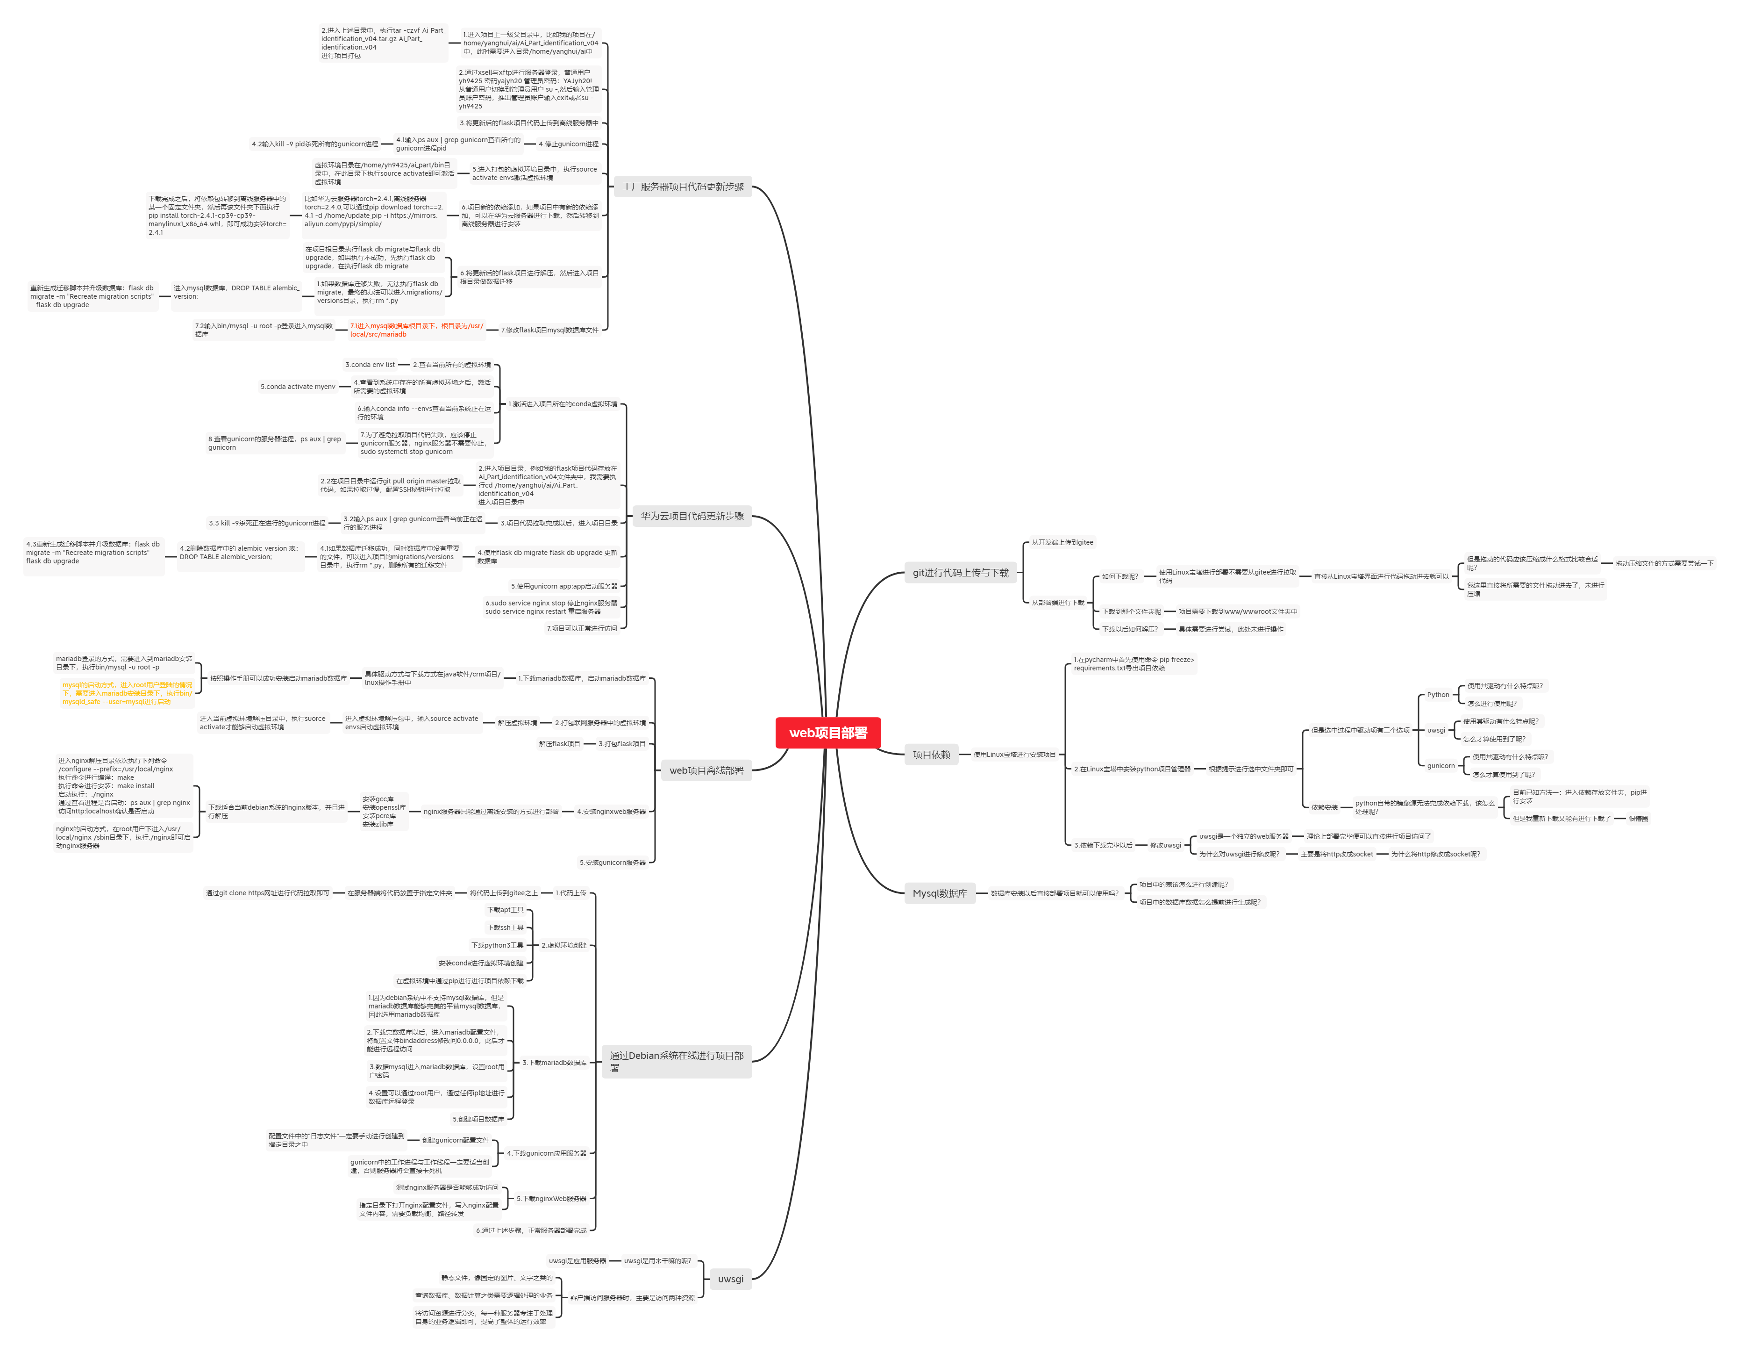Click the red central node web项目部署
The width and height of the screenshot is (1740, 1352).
click(828, 733)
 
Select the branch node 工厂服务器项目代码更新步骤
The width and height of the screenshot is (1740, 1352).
click(683, 187)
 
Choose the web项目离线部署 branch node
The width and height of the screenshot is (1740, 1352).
click(706, 770)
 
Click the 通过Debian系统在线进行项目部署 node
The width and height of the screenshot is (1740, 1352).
click(677, 1061)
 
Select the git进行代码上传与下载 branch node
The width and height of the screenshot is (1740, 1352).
click(960, 572)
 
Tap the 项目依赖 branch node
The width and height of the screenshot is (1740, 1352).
click(931, 754)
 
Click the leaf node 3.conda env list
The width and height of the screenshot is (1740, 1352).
click(370, 364)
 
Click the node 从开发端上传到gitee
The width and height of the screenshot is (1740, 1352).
click(1062, 542)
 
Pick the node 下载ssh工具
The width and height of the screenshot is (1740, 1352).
click(505, 927)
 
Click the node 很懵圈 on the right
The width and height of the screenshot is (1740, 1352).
click(1638, 818)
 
